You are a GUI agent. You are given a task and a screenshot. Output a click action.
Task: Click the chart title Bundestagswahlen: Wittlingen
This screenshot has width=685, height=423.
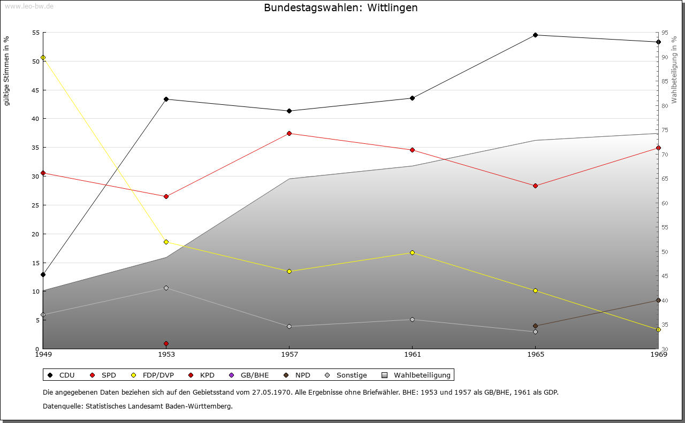tap(341, 7)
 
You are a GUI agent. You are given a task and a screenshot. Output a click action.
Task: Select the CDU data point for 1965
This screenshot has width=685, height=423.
tap(535, 35)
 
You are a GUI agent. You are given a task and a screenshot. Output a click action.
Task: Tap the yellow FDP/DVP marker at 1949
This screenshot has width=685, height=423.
tap(43, 57)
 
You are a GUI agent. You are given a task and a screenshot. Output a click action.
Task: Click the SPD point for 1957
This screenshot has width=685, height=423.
tap(290, 133)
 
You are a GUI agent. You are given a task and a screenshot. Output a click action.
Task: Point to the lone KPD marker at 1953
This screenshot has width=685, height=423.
tap(166, 343)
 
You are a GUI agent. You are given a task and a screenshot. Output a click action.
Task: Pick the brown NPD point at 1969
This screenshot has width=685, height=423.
tap(658, 301)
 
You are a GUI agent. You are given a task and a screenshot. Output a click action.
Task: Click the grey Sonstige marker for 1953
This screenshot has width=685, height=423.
tap(166, 288)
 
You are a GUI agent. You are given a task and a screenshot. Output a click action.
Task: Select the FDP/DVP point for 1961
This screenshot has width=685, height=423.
tap(412, 253)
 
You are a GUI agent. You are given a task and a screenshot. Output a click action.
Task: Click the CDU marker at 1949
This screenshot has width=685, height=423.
tap(43, 275)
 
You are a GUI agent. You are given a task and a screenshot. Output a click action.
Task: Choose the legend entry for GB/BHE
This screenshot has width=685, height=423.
tap(249, 375)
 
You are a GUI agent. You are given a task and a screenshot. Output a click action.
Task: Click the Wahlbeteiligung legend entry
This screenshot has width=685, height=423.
tap(416, 375)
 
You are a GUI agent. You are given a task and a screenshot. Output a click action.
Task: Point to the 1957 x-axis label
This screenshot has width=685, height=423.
tap(290, 355)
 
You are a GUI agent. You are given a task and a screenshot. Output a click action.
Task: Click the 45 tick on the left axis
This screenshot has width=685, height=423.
tap(36, 90)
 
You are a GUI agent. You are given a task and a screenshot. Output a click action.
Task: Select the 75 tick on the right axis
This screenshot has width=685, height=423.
tap(665, 130)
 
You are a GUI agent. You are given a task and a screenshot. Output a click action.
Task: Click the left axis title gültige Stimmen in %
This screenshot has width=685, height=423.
tap(6, 71)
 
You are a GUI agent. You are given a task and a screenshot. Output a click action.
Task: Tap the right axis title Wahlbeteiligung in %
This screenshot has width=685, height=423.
tap(674, 70)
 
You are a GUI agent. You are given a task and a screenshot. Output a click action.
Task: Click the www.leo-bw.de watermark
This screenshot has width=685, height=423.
tap(29, 6)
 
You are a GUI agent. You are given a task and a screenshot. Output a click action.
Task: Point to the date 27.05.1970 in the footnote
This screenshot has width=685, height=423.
tap(271, 392)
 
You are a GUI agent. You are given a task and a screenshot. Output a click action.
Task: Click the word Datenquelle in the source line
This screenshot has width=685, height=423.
tap(63, 406)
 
